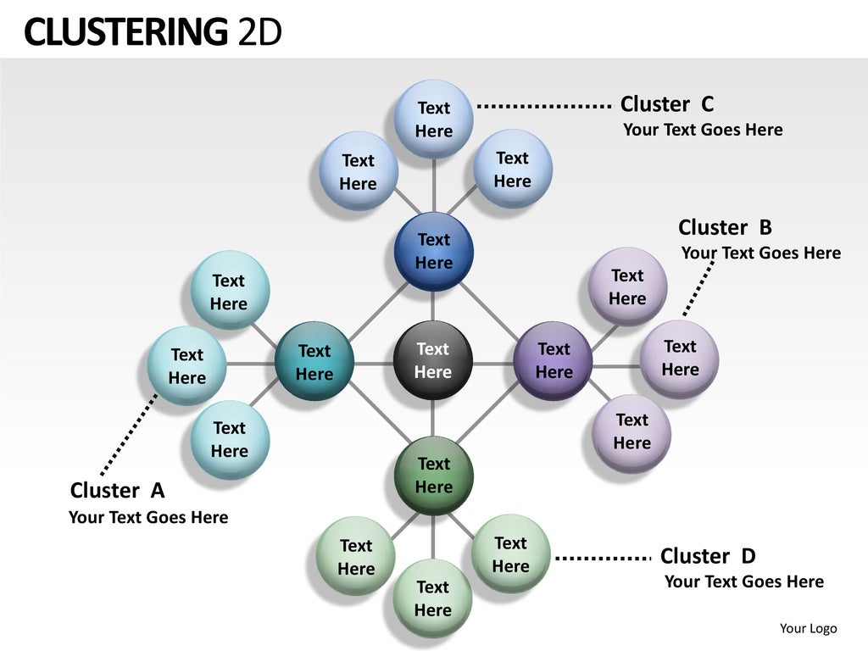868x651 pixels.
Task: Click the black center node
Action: click(x=432, y=361)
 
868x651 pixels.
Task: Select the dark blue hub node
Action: click(x=433, y=251)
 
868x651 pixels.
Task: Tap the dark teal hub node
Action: click(x=314, y=362)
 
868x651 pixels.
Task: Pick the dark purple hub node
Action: click(x=553, y=361)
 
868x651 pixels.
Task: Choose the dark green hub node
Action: click(x=433, y=475)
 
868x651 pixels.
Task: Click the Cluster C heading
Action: click(x=667, y=104)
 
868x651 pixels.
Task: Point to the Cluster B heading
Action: click(x=725, y=227)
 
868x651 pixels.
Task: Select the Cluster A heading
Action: click(x=117, y=490)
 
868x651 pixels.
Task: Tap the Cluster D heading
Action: click(x=707, y=556)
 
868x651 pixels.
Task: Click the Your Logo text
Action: click(x=808, y=628)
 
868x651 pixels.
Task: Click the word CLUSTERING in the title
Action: click(x=125, y=32)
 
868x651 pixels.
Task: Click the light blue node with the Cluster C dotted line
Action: click(x=433, y=120)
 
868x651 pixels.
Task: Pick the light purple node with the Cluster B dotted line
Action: click(x=679, y=358)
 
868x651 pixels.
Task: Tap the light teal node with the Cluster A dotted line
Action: click(x=186, y=366)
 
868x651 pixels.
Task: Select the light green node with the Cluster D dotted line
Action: click(x=510, y=554)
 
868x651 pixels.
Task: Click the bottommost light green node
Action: click(x=432, y=598)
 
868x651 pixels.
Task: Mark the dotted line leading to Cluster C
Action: click(x=543, y=106)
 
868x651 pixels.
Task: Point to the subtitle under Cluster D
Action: click(x=743, y=581)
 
